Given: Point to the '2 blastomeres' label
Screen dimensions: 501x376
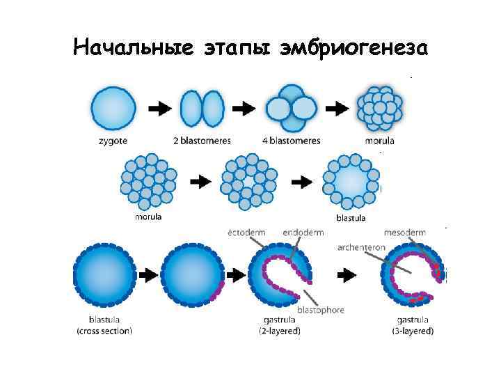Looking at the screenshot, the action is tap(202, 140).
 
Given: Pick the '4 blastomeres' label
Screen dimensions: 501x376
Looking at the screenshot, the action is tap(292, 140).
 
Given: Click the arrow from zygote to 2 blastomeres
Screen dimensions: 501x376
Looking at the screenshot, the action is tap(159, 109).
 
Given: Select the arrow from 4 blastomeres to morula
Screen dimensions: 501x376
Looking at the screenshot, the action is tap(337, 109).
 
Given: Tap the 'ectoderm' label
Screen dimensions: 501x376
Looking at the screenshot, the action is tap(246, 232).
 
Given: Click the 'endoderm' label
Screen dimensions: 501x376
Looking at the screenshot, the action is tap(303, 232).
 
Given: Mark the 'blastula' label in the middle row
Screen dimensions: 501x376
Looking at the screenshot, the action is tap(351, 217).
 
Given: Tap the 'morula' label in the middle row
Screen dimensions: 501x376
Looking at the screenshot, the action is tap(148, 217).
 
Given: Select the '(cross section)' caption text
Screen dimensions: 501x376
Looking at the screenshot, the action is tap(104, 331).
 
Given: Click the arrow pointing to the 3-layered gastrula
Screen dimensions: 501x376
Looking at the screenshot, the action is tap(347, 275).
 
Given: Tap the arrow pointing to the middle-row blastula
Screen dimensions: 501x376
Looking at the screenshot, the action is tap(301, 182).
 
